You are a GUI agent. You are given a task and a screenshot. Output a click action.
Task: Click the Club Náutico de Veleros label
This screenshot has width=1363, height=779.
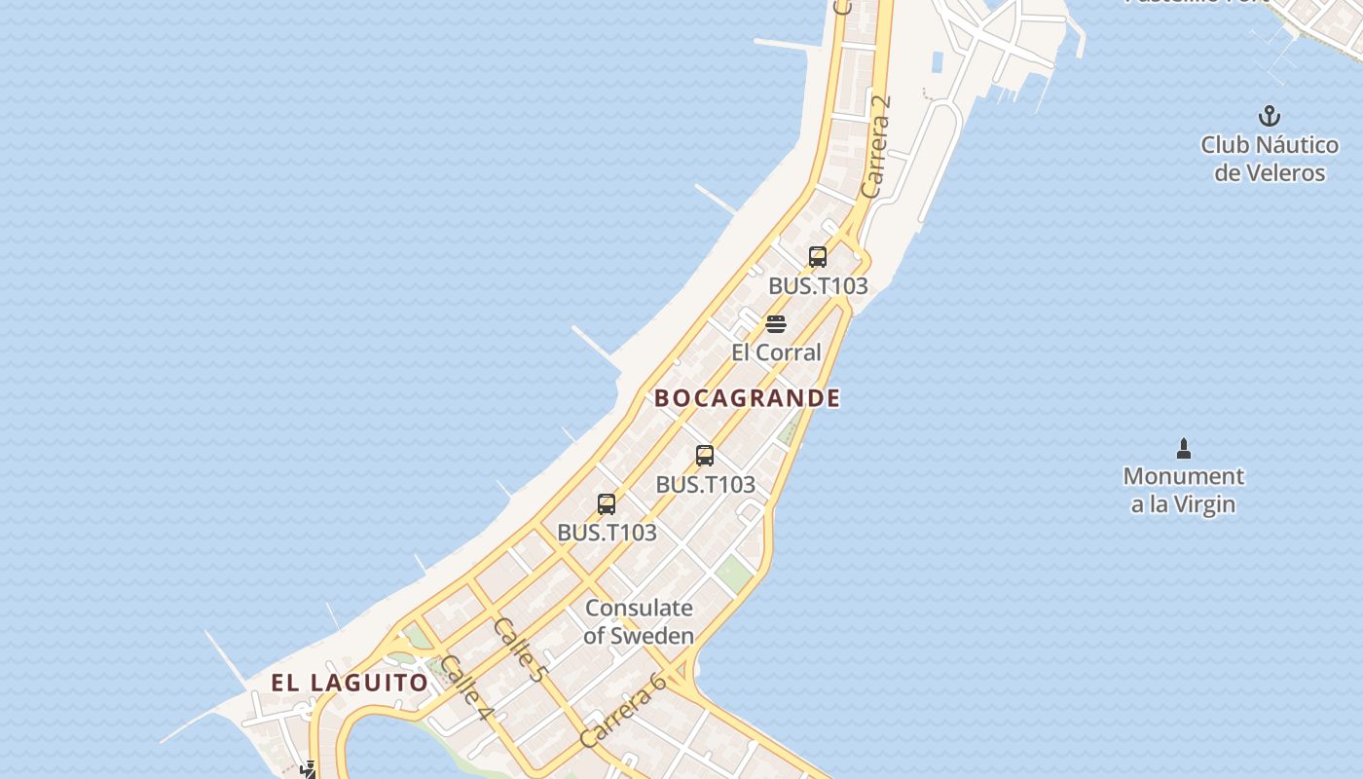coord(1269,159)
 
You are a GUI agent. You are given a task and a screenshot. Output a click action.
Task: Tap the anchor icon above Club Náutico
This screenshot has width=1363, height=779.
coord(1269,117)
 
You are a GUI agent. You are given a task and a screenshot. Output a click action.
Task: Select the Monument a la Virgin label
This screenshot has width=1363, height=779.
coord(1183,490)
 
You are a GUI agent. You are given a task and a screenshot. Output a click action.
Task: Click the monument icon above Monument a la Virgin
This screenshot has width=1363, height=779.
coord(1184,449)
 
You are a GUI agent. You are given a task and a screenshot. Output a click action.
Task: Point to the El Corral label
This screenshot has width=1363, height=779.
coord(776,352)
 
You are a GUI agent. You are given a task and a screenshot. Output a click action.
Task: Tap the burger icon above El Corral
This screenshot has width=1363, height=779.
coord(776,323)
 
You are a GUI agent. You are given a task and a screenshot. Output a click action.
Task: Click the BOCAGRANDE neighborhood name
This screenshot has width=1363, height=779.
coord(747,398)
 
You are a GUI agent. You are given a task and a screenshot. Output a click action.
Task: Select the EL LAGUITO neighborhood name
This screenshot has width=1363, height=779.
coord(350,683)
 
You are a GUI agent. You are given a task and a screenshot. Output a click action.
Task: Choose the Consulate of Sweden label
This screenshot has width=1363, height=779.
coord(639,622)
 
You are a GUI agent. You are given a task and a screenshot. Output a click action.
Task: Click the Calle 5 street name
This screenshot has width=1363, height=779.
coord(522,649)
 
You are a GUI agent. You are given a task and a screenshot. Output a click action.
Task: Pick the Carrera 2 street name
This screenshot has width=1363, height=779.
coord(876,146)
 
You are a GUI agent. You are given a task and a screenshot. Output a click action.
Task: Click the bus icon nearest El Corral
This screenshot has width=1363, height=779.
coord(818,257)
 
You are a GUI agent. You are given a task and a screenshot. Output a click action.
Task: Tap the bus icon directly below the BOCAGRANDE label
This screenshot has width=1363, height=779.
coord(705,455)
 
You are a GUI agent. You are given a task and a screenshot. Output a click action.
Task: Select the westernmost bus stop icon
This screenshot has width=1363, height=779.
coord(607,503)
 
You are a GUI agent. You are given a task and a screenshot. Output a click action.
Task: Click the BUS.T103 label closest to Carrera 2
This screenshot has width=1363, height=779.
coord(818,286)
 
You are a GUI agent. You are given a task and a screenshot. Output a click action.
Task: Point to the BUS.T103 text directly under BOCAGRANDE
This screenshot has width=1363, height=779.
coord(705,484)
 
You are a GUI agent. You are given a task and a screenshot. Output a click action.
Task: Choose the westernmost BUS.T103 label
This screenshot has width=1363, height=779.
coord(607,533)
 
